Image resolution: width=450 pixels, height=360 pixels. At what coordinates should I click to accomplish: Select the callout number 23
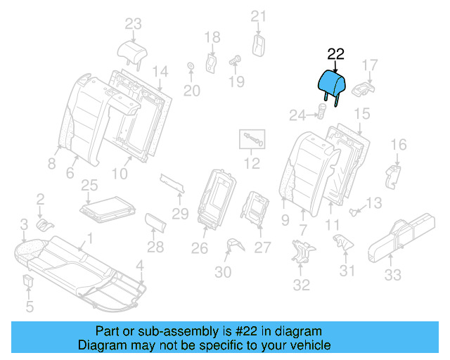point(133,24)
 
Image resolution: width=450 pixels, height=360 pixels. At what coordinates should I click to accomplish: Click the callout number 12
point(252,164)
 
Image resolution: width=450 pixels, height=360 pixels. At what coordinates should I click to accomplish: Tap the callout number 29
point(181,214)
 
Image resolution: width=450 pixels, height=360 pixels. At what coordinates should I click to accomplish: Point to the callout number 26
point(200,247)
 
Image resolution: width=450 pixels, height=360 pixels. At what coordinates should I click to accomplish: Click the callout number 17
point(370,66)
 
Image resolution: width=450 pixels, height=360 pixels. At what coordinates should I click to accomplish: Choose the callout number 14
point(160,71)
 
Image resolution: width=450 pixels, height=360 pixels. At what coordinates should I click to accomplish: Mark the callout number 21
point(259,16)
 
